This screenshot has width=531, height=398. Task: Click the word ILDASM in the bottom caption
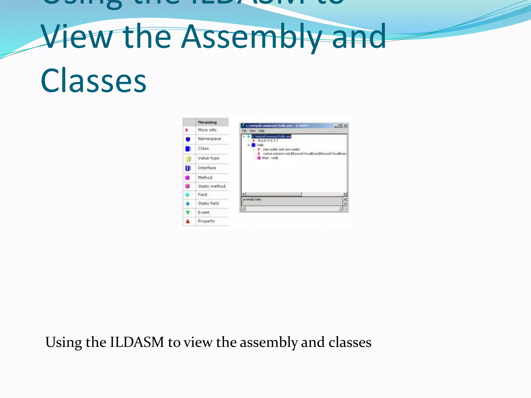click(137, 342)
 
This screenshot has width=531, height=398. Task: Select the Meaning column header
click(207, 122)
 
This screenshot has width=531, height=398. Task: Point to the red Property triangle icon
click(188, 221)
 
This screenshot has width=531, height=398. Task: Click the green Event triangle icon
click(188, 212)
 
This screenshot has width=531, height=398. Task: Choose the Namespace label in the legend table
click(209, 139)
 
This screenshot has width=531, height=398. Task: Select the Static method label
click(212, 186)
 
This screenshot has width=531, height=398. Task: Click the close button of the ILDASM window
click(345, 126)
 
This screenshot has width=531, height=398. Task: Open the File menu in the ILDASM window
click(244, 131)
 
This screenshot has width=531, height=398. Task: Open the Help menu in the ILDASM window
click(261, 131)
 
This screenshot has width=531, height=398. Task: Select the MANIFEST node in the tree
click(268, 141)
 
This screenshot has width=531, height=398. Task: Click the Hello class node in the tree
click(260, 145)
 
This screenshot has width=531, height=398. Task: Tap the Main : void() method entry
click(270, 158)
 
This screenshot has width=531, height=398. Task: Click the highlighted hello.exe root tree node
click(271, 137)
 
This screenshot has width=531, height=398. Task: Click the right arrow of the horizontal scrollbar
click(345, 194)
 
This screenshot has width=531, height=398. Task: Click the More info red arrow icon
click(187, 130)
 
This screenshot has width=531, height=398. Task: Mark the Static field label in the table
click(208, 203)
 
